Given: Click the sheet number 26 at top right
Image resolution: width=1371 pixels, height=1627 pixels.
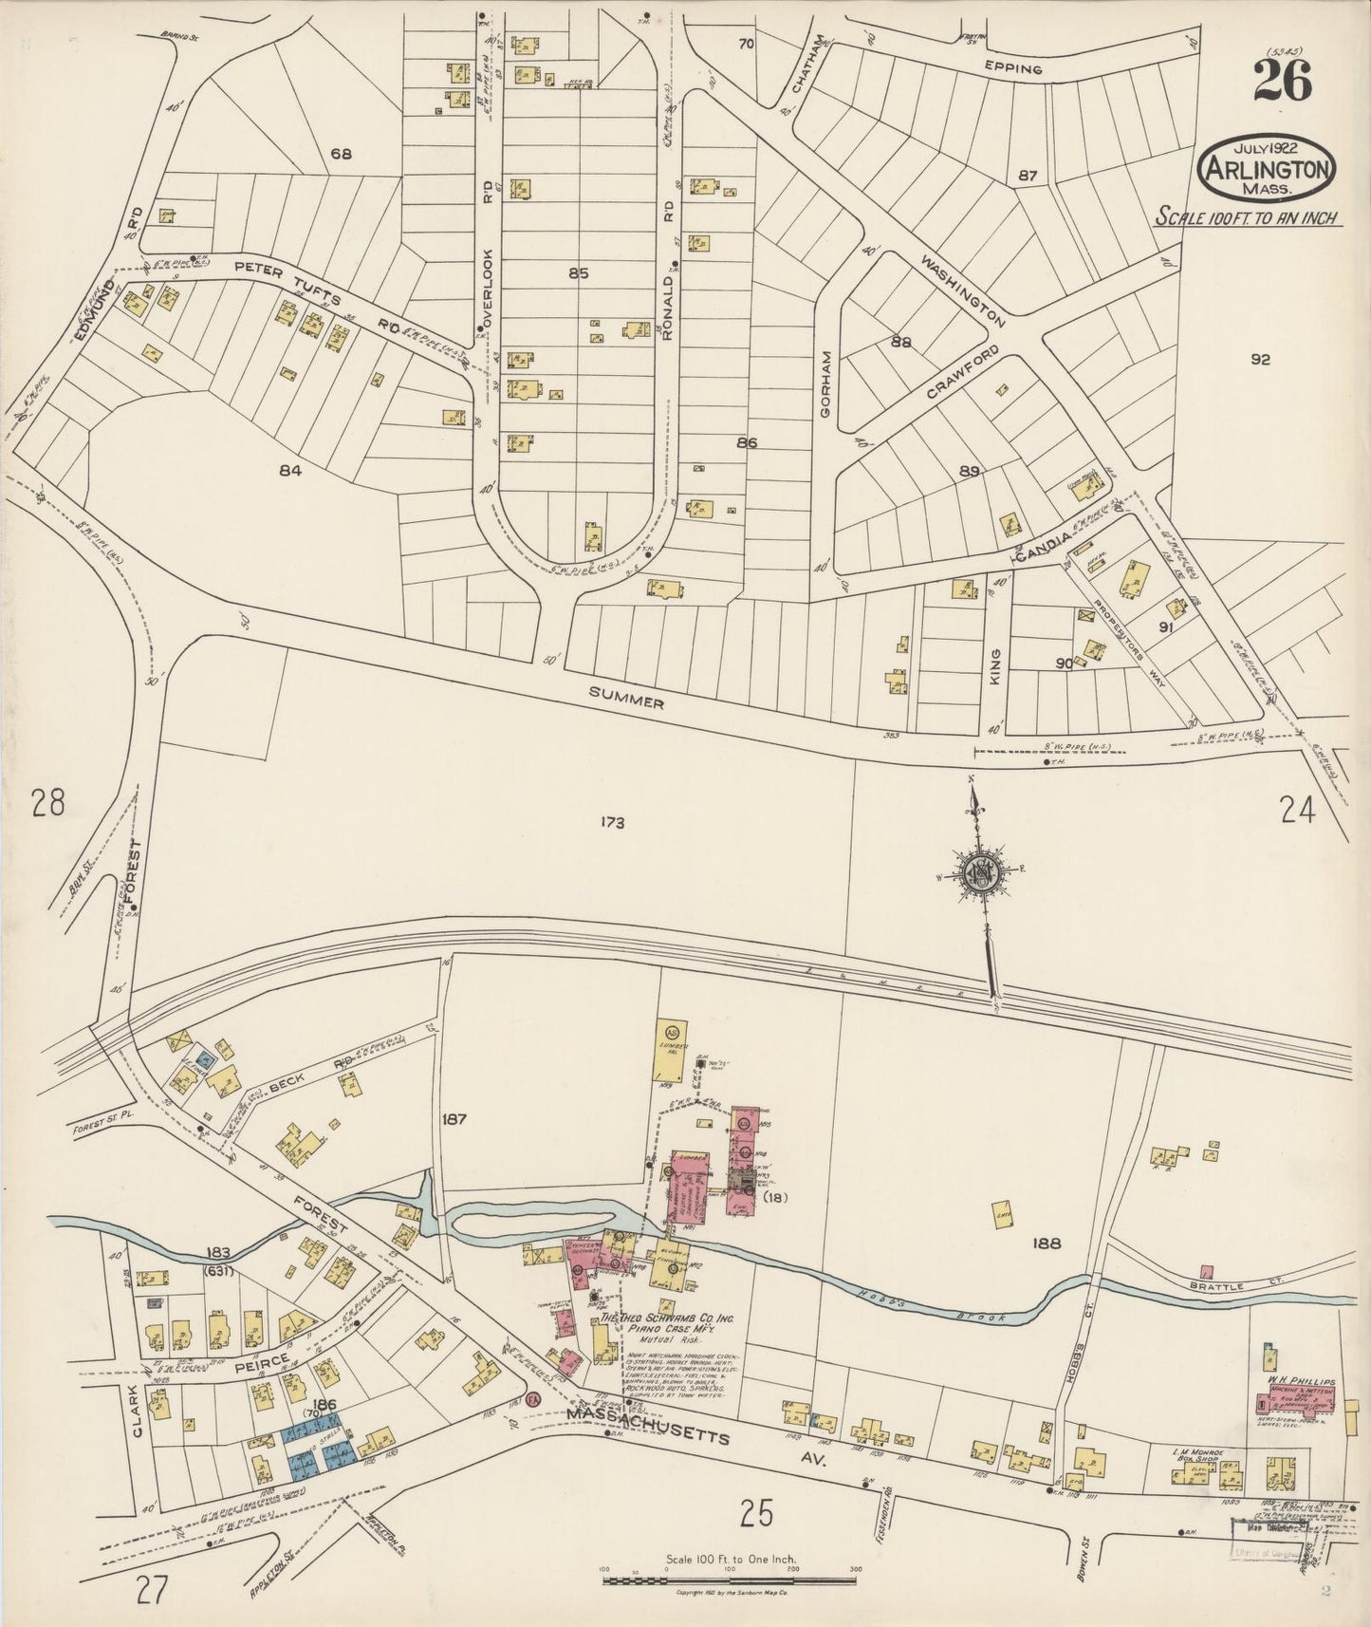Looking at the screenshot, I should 1283,83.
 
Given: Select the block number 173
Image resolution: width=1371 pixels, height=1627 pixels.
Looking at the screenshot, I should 611,823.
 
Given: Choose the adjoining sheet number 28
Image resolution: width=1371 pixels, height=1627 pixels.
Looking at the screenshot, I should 47,805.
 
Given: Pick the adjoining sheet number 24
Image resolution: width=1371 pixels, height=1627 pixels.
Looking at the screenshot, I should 1297,810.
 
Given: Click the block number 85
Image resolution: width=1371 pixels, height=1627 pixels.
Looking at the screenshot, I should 579,273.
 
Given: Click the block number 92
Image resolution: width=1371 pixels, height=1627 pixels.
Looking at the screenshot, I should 1260,359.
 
